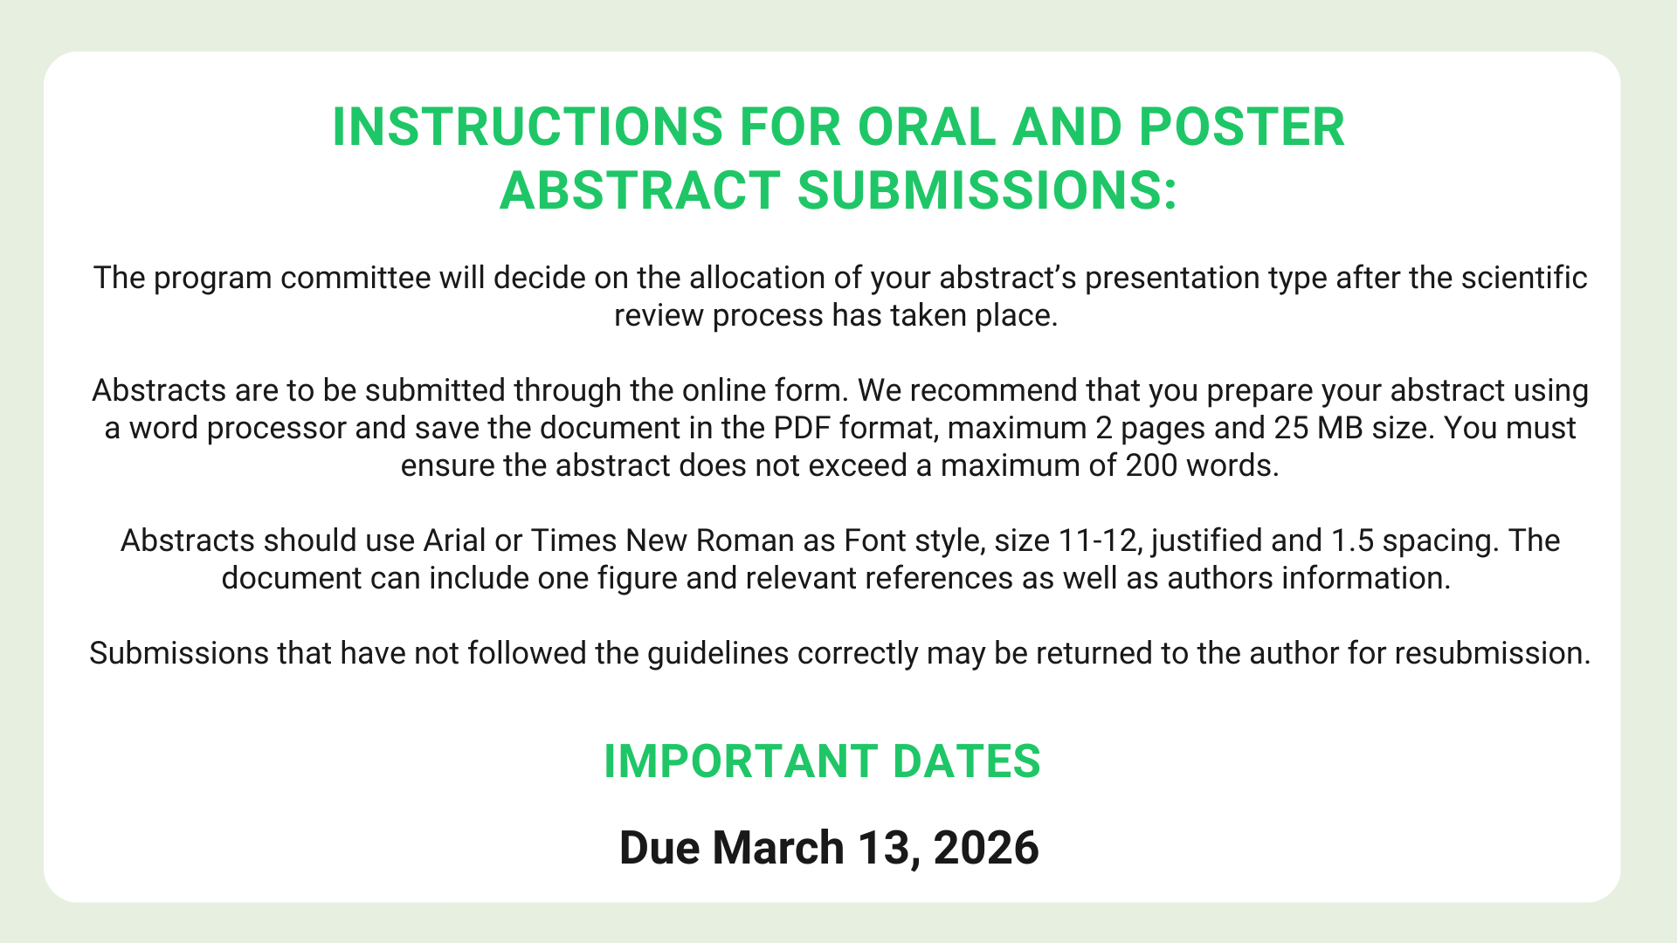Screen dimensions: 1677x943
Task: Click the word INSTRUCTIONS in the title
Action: pos(528,127)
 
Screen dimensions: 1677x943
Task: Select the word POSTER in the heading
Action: pos(1242,127)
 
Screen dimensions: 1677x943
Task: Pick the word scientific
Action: pos(1524,278)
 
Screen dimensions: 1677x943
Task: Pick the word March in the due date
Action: pos(778,848)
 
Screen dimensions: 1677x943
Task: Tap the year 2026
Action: pos(986,848)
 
